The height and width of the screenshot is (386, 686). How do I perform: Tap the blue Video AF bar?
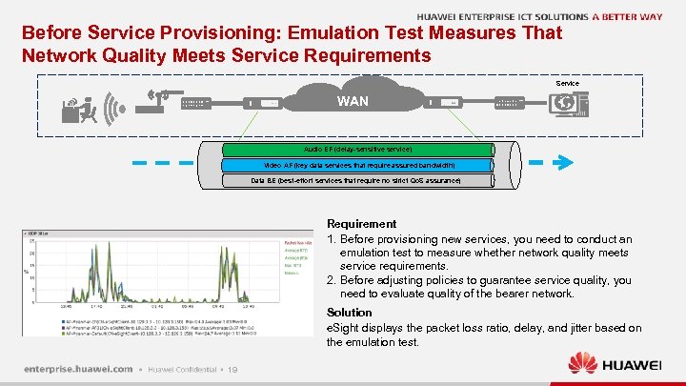[x=358, y=165]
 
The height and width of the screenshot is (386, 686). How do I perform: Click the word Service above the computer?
[x=567, y=84]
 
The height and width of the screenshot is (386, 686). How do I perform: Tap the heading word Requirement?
[x=361, y=224]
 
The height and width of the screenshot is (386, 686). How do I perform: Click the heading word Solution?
[x=349, y=313]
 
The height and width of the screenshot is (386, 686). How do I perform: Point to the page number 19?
[x=233, y=369]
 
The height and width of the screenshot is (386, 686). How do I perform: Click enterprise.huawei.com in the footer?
[x=77, y=368]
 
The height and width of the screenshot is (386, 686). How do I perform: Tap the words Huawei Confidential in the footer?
[x=181, y=369]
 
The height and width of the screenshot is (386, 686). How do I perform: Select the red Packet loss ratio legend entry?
[x=297, y=242]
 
